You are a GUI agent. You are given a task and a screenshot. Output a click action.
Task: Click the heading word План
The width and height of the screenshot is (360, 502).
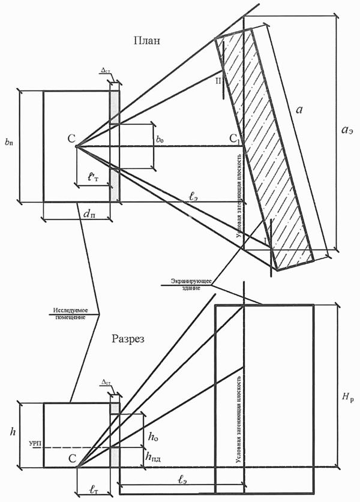148,41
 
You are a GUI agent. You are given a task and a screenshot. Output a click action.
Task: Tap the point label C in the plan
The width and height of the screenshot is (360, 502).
71,140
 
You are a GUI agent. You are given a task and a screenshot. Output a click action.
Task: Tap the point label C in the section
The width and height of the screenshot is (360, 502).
72,459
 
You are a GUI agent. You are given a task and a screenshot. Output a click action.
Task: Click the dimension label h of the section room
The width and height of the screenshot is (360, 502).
10,431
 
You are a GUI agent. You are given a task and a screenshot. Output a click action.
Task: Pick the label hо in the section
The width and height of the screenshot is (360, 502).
152,438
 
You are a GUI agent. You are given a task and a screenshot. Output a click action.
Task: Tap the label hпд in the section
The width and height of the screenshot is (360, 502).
153,457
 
